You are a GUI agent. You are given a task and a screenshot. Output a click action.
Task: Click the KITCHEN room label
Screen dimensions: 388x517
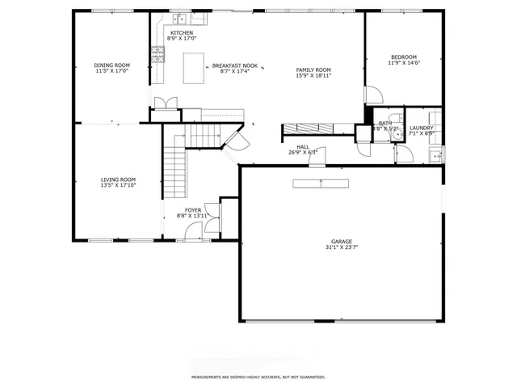pos(181,33)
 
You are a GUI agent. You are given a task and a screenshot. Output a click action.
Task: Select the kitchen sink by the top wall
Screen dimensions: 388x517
pos(179,17)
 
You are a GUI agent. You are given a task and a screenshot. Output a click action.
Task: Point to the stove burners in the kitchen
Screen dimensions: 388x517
pos(157,55)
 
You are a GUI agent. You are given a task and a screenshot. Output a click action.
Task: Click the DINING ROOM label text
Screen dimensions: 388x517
pos(111,65)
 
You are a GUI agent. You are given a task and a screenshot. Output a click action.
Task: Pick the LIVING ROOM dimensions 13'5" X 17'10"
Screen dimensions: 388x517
pos(118,185)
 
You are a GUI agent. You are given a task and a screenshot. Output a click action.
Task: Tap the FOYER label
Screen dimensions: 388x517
pos(193,210)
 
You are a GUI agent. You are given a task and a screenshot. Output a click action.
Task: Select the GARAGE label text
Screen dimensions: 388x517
pos(342,242)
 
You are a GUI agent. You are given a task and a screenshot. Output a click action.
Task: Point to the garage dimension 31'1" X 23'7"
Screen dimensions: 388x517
pos(342,248)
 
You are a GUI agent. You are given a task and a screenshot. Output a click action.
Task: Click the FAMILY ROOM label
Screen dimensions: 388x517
pos(313,70)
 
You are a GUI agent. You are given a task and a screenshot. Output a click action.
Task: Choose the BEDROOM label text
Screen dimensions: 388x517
pos(403,57)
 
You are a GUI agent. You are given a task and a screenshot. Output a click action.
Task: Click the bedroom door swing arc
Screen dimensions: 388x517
pos(373,95)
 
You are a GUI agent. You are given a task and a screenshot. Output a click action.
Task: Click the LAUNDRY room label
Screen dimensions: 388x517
pos(422,128)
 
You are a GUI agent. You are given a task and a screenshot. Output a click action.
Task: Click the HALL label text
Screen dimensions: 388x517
pos(303,146)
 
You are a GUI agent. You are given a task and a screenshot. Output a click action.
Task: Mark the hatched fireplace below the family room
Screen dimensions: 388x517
pos(317,128)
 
